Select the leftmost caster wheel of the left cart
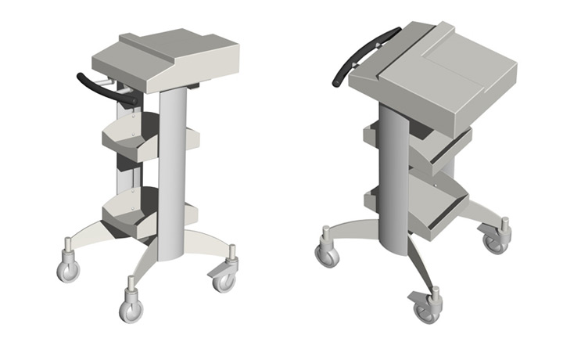(x=68, y=270)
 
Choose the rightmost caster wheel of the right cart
(x=496, y=243)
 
